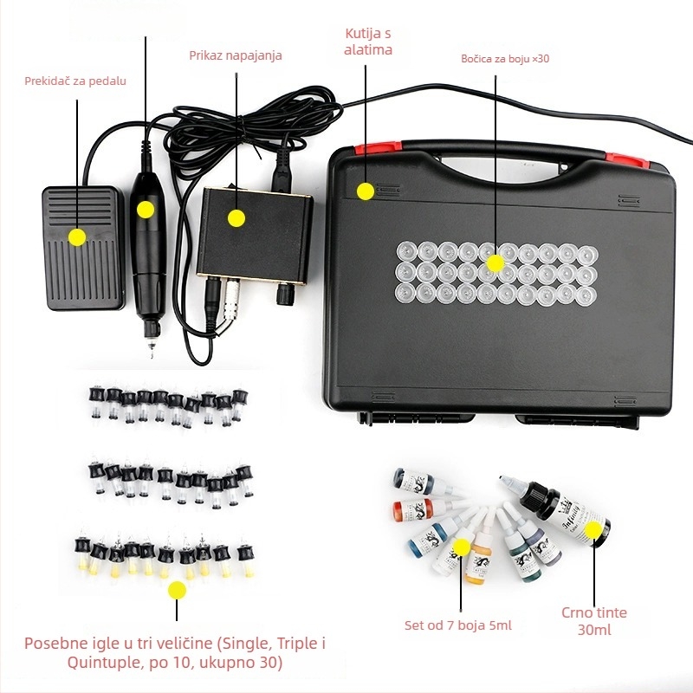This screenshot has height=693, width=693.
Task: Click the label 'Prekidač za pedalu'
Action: point(75,81)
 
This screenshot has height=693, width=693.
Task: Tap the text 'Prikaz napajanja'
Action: point(236,55)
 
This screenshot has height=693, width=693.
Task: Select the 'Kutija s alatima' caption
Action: point(368,42)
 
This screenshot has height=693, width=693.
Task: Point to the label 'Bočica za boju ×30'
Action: point(505,59)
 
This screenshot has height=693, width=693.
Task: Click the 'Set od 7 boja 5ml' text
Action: point(458,625)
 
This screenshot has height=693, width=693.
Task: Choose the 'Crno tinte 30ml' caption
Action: point(594,620)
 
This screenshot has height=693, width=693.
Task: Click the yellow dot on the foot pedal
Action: point(77,237)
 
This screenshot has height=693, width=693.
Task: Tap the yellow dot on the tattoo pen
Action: point(146,210)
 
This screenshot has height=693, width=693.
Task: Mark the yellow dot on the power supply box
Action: point(236,218)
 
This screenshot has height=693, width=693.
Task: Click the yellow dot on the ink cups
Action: point(495,263)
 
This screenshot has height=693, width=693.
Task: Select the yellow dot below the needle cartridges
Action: point(178,590)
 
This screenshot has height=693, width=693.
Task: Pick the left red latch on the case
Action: point(378,147)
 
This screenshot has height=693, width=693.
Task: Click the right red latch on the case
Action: point(627,160)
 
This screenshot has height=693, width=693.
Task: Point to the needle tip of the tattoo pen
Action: point(151,353)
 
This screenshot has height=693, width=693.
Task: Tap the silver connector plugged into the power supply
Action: point(231,299)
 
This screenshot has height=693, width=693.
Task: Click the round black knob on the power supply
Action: point(285,295)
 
